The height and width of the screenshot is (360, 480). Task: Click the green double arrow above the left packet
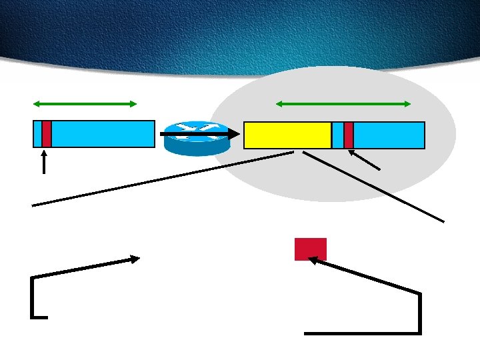pyautogui.click(x=85, y=103)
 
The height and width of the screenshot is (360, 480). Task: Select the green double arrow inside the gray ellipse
pyautogui.click(x=343, y=103)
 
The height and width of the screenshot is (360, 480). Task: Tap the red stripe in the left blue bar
pyautogui.click(x=47, y=134)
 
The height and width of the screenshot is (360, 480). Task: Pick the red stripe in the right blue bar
pyautogui.click(x=349, y=135)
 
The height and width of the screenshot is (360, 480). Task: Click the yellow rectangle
pyautogui.click(x=287, y=135)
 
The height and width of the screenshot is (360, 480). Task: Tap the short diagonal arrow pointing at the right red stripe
pyautogui.click(x=366, y=161)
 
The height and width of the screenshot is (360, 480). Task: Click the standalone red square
pyautogui.click(x=311, y=249)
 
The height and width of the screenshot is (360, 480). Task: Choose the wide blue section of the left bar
pyautogui.click(x=103, y=134)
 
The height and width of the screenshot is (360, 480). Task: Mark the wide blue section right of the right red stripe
pyautogui.click(x=389, y=135)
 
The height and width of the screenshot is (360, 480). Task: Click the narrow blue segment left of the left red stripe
pyautogui.click(x=37, y=134)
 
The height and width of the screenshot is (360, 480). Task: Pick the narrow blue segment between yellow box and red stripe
pyautogui.click(x=338, y=135)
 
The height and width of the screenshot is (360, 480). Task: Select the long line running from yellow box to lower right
pyautogui.click(x=373, y=187)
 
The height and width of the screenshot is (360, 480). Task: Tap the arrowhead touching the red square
pyautogui.click(x=314, y=261)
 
